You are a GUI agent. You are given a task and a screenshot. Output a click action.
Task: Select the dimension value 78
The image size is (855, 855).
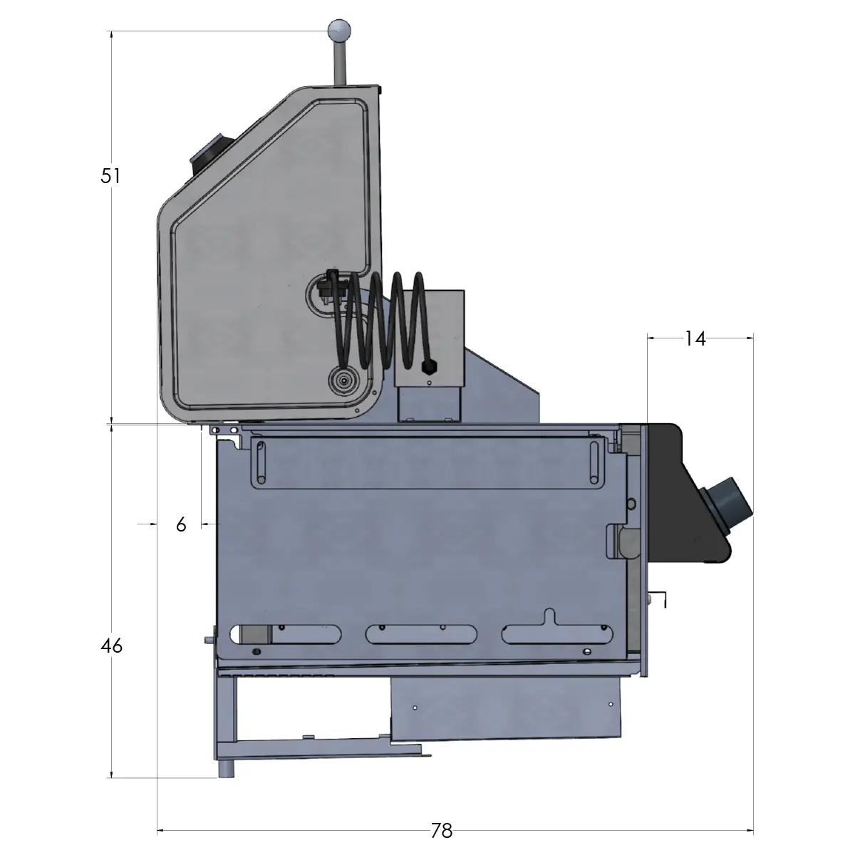tap(442, 831)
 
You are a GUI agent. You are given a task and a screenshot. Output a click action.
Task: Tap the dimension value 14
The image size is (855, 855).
tap(694, 339)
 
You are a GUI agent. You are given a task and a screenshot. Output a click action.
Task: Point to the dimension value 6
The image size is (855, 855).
tap(181, 524)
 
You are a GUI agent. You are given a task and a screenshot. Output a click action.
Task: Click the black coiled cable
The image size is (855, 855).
tap(378, 321)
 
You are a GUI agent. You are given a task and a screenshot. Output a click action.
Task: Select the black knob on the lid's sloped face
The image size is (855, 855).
tap(208, 152)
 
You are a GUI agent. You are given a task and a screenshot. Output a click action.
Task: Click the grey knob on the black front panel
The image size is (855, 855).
tap(728, 505)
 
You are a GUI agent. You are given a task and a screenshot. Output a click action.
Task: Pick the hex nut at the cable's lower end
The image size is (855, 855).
tap(429, 367)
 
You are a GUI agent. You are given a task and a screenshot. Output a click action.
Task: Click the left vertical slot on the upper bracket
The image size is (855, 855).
tap(261, 462)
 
